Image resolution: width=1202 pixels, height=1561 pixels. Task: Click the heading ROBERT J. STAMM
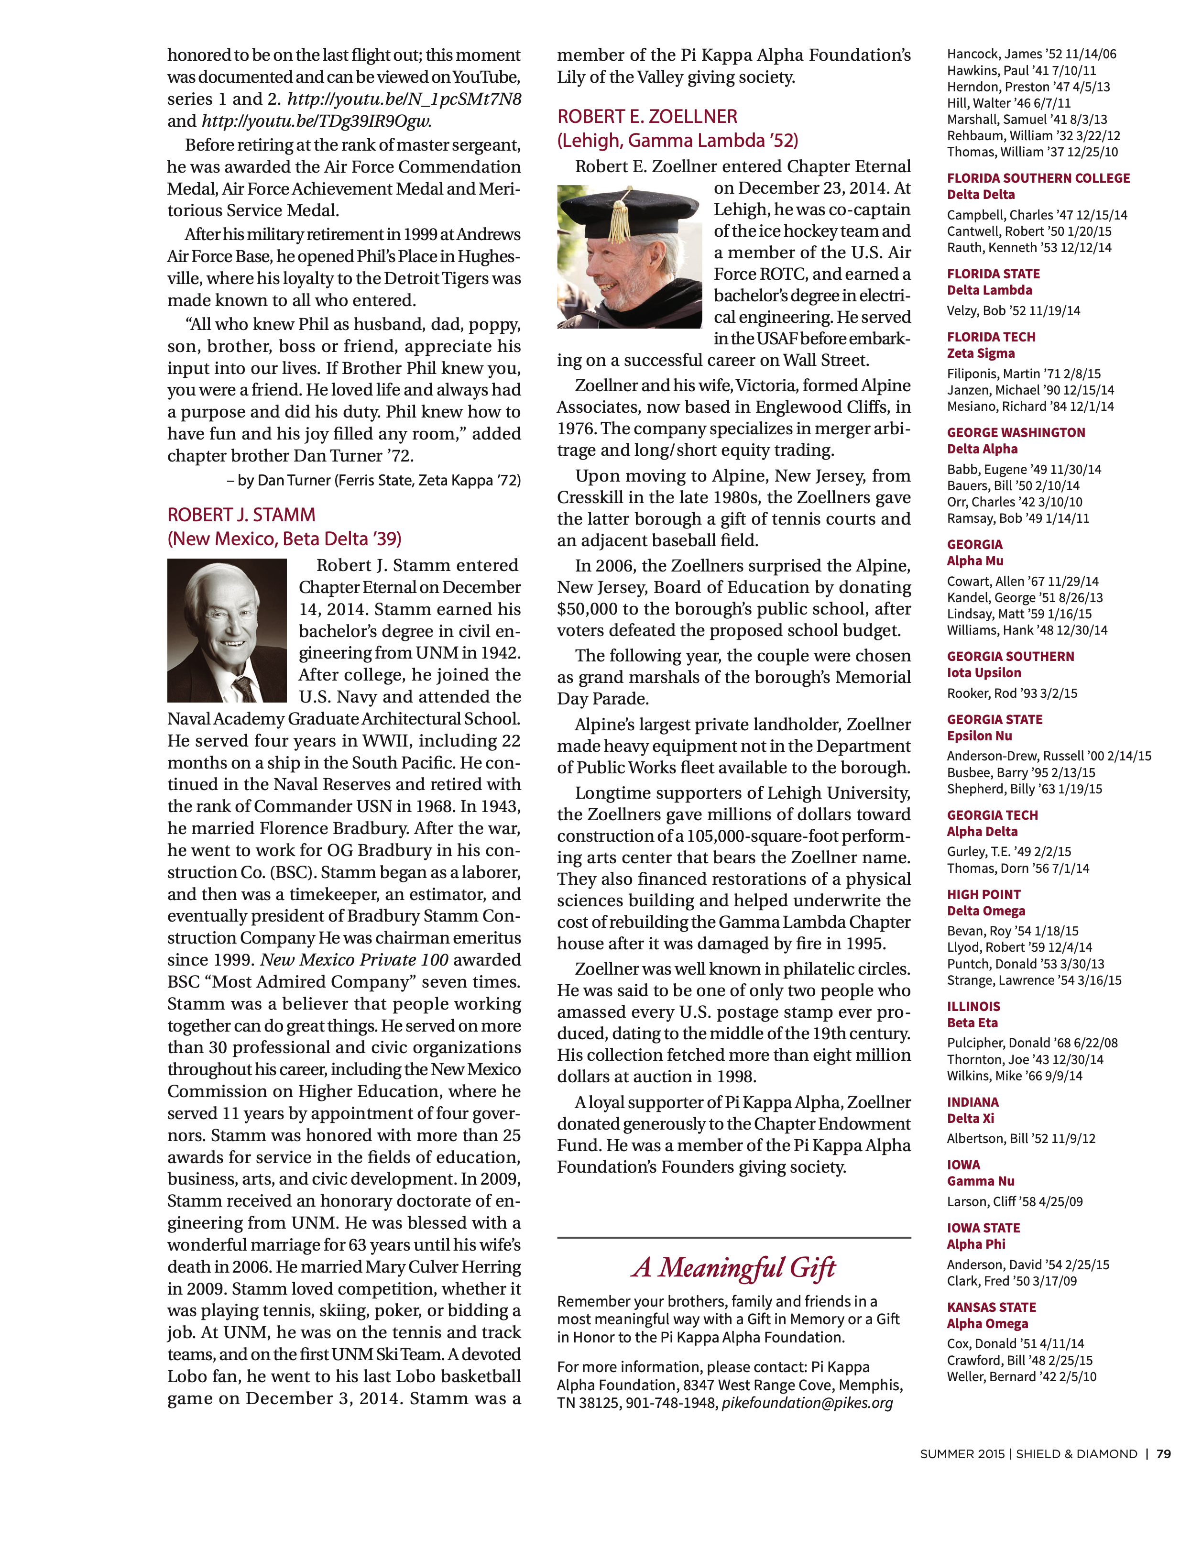pyautogui.click(x=241, y=515)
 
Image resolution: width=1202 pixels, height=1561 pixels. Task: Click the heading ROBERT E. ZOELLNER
pyautogui.click(x=647, y=117)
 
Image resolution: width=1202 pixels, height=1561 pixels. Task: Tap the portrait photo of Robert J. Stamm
pyautogui.click(x=227, y=630)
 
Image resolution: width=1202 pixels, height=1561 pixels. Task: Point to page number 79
pyautogui.click(x=1163, y=1454)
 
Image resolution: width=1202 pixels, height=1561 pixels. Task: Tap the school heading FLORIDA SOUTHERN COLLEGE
pyautogui.click(x=1038, y=178)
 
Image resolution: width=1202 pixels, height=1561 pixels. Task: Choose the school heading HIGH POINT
pyautogui.click(x=983, y=894)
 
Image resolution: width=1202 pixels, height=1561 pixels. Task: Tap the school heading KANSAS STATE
pyautogui.click(x=991, y=1307)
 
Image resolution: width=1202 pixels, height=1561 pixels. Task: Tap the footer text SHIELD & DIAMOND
pyautogui.click(x=1076, y=1454)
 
